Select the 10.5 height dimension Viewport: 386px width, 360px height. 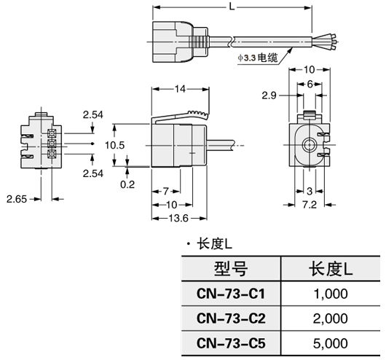[116, 144]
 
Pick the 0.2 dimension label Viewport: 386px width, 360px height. [128, 184]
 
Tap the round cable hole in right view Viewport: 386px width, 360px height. [311, 144]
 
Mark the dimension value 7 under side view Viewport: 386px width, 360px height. [165, 190]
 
